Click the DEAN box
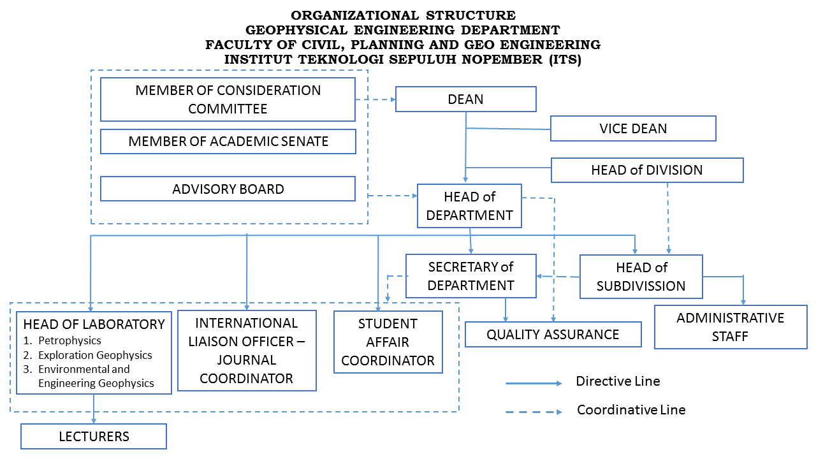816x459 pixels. point(465,99)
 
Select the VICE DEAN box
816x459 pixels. point(633,128)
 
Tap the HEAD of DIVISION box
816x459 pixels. point(646,170)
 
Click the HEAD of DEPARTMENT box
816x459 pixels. point(469,206)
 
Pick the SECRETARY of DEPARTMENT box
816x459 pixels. point(470,276)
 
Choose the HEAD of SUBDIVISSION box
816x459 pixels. point(641,277)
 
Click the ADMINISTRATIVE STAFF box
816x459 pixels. point(730,327)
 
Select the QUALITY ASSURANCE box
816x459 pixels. point(553,335)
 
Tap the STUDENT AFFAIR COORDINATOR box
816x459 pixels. point(388,342)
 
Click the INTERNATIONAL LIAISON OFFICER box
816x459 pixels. point(247,351)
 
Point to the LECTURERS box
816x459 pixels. point(94,437)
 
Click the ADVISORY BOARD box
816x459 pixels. point(228,189)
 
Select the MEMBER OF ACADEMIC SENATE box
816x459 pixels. point(228,142)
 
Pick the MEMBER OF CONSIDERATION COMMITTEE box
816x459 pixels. point(228,99)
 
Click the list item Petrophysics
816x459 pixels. point(69,340)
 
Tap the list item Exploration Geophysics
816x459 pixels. point(95,355)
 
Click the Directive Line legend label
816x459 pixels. point(617,382)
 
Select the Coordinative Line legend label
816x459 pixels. point(630,410)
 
